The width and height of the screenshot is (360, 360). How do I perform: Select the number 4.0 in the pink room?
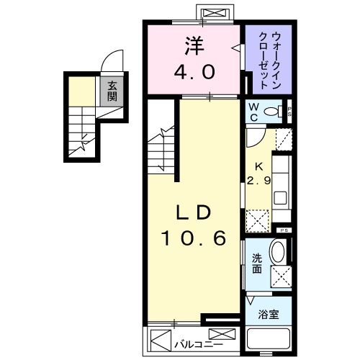click(192, 73)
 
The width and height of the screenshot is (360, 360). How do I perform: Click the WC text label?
click(254, 112)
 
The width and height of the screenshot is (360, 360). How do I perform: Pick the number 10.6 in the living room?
click(192, 237)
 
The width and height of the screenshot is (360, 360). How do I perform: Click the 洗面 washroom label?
click(256, 265)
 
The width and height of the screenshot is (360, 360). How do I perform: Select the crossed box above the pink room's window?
click(213, 14)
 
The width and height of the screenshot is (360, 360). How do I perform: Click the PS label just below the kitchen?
click(284, 230)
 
